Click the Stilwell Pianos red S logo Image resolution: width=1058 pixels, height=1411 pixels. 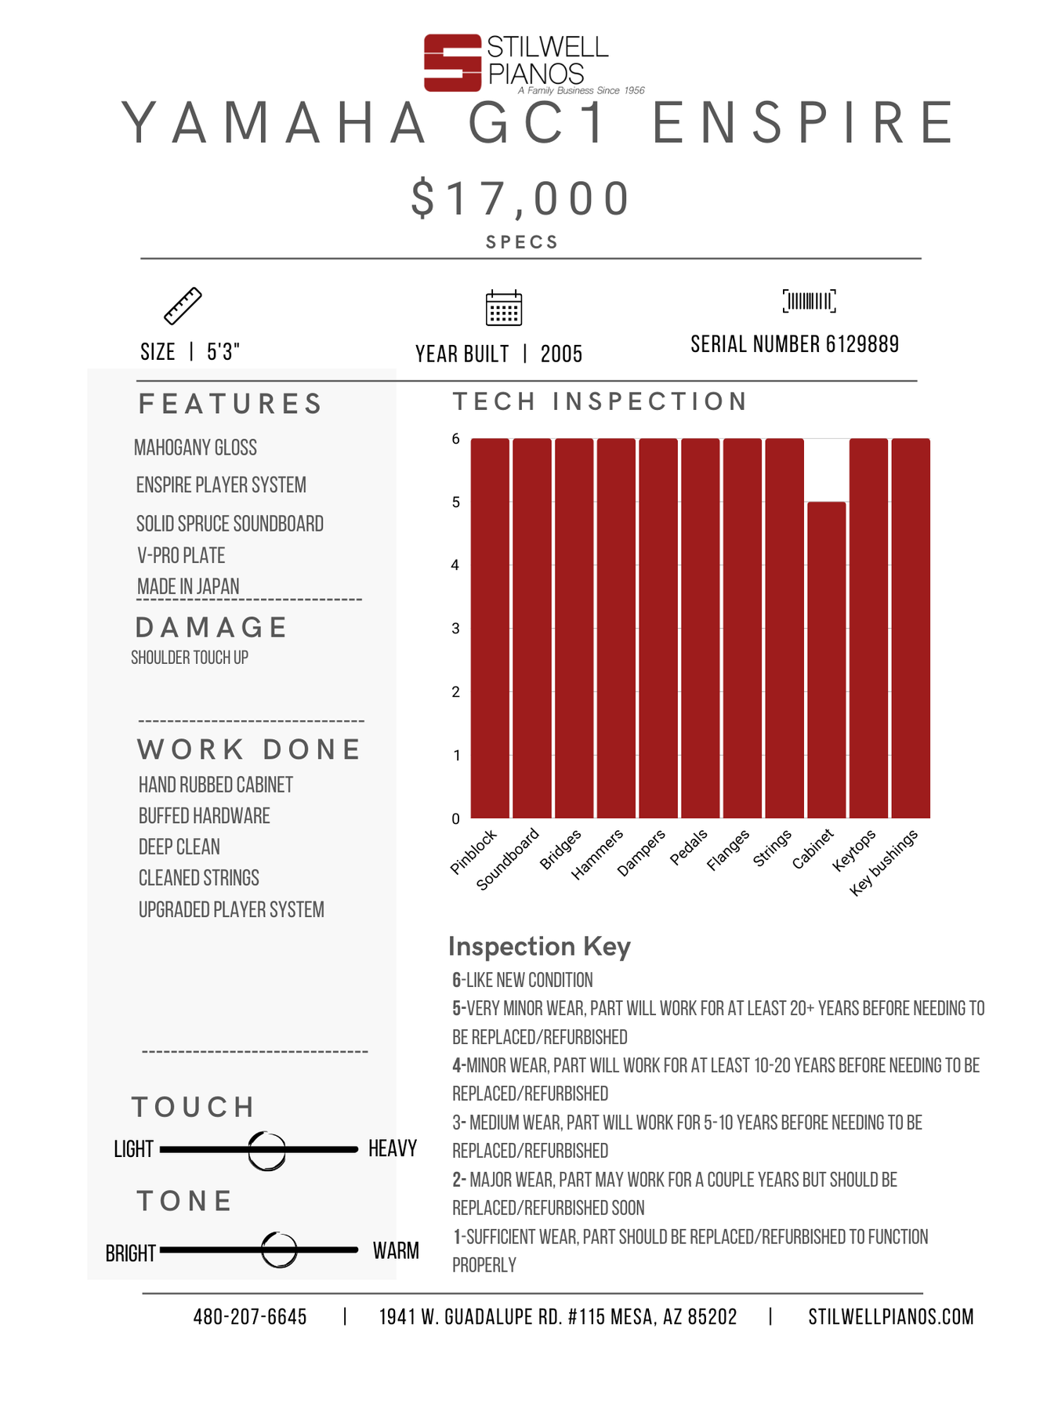click(452, 63)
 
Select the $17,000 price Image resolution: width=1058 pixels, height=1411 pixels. click(520, 198)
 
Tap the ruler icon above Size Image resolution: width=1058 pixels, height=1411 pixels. click(183, 306)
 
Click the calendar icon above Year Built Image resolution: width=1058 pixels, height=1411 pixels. click(504, 307)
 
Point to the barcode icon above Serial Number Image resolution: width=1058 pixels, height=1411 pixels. click(809, 301)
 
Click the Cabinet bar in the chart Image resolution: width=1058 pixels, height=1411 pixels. click(827, 660)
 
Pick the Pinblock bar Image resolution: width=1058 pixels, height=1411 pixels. click(490, 629)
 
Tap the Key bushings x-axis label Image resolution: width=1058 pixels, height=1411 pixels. click(885, 862)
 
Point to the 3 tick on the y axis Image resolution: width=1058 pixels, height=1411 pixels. click(455, 629)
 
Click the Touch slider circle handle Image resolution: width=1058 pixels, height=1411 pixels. click(266, 1151)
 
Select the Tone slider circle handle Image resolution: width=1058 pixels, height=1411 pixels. click(279, 1250)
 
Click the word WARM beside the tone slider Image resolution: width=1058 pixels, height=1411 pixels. click(396, 1250)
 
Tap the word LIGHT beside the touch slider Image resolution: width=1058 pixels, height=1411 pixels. click(133, 1149)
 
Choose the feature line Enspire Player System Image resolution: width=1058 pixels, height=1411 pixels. click(221, 485)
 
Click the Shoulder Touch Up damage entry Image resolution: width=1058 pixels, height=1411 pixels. click(190, 658)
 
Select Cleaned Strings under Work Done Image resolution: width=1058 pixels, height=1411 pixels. click(199, 878)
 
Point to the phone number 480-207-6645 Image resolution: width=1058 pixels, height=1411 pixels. click(250, 1317)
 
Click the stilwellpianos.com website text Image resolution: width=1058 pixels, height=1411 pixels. click(891, 1317)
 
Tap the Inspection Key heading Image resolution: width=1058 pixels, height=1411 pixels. click(539, 947)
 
